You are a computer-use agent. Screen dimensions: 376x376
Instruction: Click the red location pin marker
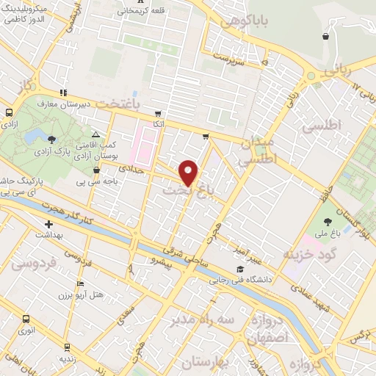pos(189,173)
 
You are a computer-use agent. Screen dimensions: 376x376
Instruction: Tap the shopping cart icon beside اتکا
pos(157,114)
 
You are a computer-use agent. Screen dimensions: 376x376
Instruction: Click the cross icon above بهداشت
pos(48,224)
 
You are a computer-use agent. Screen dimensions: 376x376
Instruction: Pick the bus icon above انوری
pos(26,319)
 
